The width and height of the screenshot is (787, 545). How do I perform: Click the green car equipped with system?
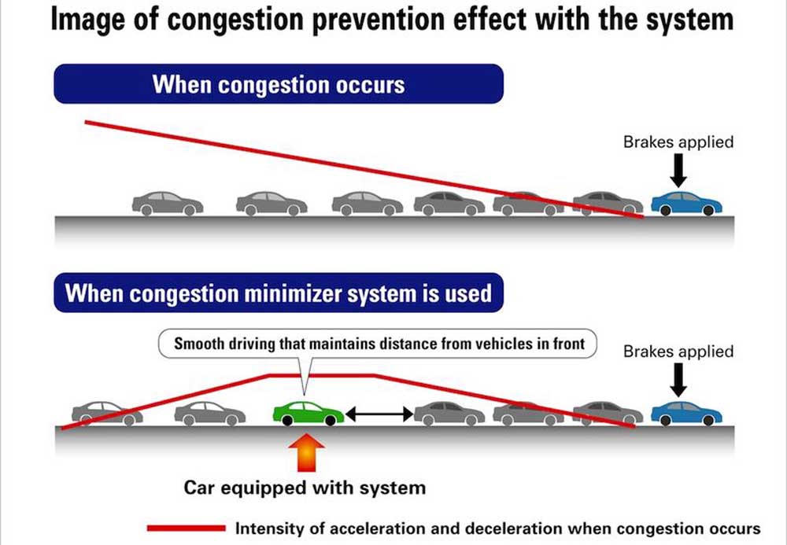(309, 414)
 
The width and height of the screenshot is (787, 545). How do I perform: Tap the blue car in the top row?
(686, 204)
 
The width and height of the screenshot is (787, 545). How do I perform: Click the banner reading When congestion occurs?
(278, 84)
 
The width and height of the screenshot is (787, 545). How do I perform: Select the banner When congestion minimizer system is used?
(278, 293)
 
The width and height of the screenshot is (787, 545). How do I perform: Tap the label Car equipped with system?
(305, 488)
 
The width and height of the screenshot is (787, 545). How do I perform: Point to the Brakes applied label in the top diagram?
(678, 142)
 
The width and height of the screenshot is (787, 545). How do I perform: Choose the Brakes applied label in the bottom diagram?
(678, 352)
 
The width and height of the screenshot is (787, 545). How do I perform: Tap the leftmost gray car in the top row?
(168, 204)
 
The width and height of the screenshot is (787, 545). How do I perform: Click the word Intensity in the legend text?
(270, 528)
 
